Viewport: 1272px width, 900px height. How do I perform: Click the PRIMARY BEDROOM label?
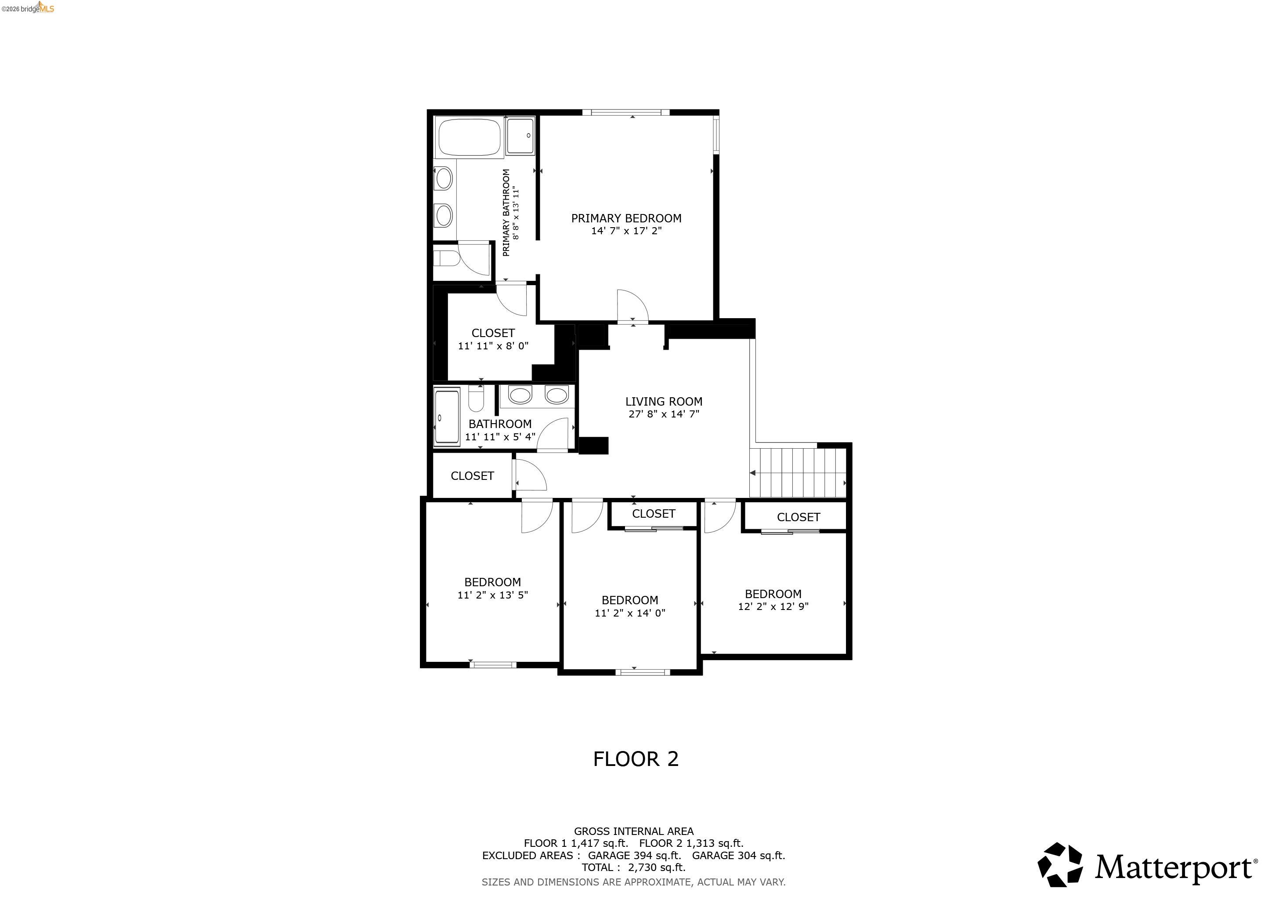[626, 218]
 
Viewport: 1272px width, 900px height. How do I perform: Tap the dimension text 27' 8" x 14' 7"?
[664, 414]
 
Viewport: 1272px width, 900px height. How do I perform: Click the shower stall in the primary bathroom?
[521, 136]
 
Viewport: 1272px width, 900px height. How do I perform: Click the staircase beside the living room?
[799, 473]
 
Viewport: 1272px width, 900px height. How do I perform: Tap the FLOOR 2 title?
[636, 758]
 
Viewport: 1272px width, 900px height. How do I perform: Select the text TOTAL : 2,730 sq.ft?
[633, 867]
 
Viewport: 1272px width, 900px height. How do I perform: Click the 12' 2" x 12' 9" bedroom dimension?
[773, 606]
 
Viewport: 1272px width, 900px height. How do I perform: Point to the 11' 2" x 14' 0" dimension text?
[630, 613]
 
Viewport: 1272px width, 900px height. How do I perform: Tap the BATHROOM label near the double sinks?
[500, 424]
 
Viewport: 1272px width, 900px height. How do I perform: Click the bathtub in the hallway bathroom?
[447, 417]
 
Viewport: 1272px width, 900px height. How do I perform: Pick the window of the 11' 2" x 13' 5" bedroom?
[493, 664]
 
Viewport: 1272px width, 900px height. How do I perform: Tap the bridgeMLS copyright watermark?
[28, 8]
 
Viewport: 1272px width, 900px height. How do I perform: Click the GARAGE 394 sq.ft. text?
[634, 855]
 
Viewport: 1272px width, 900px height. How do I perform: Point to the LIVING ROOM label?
[664, 401]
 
